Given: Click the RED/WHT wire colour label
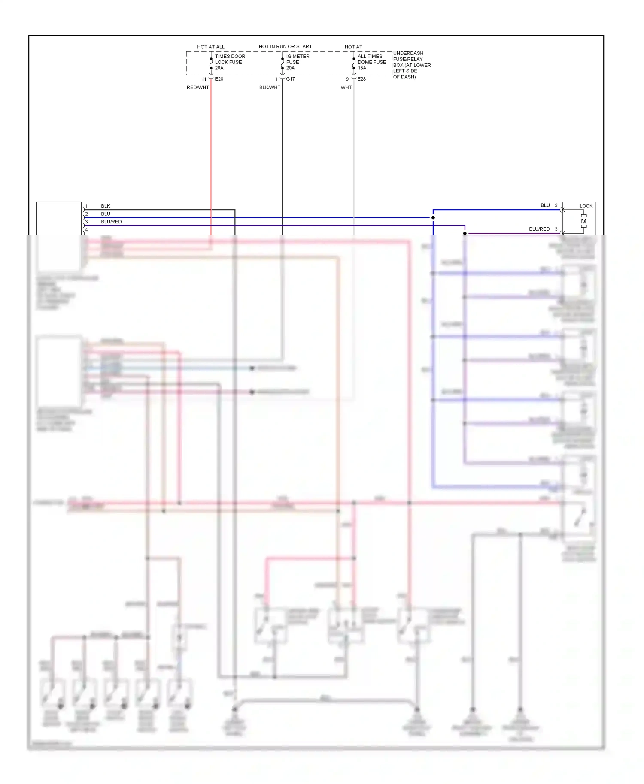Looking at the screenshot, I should (x=197, y=87).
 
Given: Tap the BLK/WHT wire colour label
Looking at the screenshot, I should (x=270, y=87).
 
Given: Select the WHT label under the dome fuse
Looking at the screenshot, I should (x=346, y=87).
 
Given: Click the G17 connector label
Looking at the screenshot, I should (x=291, y=79).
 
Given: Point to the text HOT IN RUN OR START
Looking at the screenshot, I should (x=285, y=46).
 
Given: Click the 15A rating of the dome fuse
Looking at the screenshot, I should (x=362, y=68).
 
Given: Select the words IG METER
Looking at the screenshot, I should (x=298, y=56).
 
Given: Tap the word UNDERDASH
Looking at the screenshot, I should (x=408, y=53).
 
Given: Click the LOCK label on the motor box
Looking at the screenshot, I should (x=586, y=206).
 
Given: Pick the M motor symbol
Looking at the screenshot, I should (x=583, y=221).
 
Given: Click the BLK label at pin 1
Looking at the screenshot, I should (x=106, y=206).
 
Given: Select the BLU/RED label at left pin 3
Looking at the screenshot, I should (x=111, y=222).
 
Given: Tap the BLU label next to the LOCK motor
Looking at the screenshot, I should (x=545, y=205).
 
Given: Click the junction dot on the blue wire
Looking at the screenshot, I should (x=433, y=218).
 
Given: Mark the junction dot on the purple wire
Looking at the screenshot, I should (x=465, y=233).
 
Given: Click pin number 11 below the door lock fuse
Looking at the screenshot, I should (x=204, y=79).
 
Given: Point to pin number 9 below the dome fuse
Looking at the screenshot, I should (x=347, y=79).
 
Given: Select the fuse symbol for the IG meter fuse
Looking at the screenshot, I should (x=283, y=63).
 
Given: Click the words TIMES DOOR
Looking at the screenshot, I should (x=230, y=56).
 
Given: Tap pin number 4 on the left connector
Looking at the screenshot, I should (x=86, y=230).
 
